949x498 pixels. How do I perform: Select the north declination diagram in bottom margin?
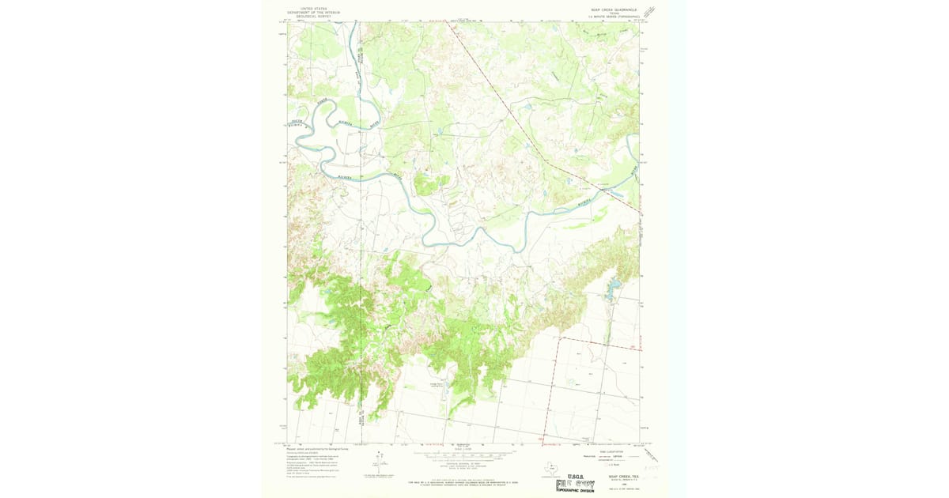click(x=378, y=463)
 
